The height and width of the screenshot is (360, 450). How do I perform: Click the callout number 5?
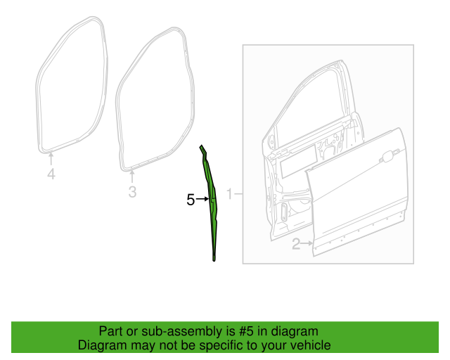point(191,200)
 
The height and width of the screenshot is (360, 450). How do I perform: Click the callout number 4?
point(51,174)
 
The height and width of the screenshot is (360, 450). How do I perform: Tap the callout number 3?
point(132,191)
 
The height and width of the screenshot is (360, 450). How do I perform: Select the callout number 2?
point(296,244)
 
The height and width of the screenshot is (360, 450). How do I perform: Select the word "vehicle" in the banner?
point(310,345)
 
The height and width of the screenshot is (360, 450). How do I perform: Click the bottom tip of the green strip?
point(214,258)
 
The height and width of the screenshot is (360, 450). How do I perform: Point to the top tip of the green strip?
point(200,147)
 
